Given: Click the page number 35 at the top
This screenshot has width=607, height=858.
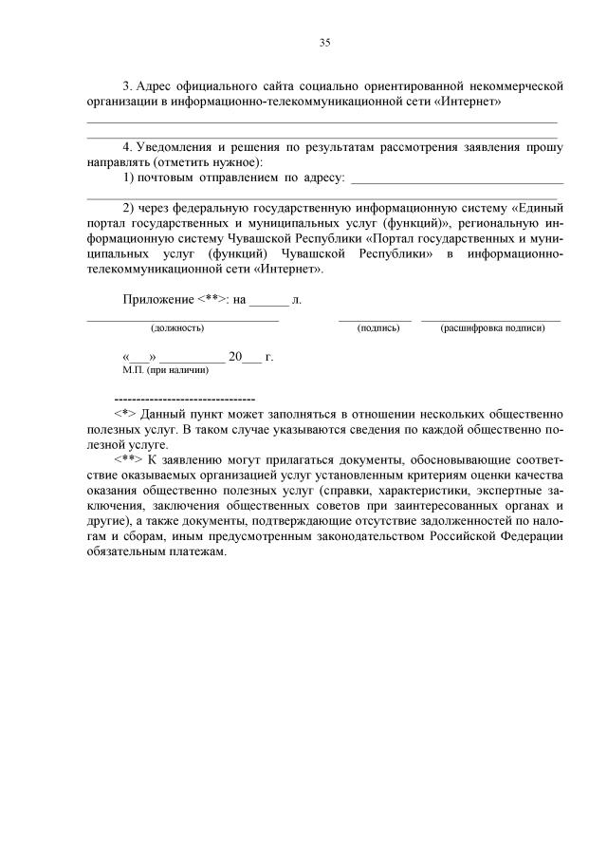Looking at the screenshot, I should tap(324, 42).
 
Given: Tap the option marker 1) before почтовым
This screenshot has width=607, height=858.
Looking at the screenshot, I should tap(129, 177).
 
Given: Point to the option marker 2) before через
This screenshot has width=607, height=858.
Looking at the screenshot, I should tap(129, 208).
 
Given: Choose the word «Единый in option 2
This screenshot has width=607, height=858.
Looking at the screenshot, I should tap(538, 208).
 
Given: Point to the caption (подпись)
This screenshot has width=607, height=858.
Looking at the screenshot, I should tap(377, 328).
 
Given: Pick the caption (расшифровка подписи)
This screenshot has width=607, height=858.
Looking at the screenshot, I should tap(492, 328).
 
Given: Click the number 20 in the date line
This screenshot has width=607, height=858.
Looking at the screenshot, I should tap(236, 358).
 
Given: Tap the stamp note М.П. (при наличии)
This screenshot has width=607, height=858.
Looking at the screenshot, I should tap(165, 370).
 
